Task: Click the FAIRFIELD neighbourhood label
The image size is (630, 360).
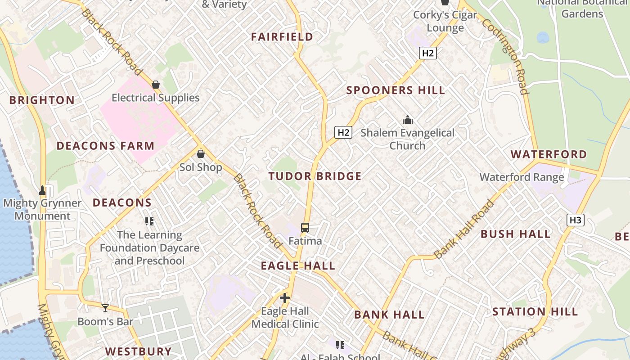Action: (282, 37)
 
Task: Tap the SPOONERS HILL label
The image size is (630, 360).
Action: (396, 90)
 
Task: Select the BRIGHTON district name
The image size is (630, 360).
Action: (42, 100)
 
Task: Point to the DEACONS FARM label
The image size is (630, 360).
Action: (105, 146)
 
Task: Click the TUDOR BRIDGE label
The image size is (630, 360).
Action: (315, 176)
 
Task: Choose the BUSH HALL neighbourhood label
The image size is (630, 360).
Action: (516, 234)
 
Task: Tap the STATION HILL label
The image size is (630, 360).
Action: (535, 311)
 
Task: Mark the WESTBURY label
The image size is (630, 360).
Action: (139, 351)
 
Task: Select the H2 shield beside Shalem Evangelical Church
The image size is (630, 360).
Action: (343, 132)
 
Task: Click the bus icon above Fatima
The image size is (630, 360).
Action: (305, 228)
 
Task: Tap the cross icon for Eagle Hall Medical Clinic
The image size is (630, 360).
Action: (285, 298)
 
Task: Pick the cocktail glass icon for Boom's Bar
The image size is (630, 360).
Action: (105, 308)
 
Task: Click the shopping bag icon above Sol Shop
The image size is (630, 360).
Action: (201, 154)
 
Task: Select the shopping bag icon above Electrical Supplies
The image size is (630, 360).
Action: (156, 85)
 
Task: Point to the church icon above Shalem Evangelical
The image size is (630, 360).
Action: (408, 120)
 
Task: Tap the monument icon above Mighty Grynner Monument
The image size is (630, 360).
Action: (42, 190)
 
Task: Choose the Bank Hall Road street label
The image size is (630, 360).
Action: (464, 229)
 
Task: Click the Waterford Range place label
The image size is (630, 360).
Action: (522, 177)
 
